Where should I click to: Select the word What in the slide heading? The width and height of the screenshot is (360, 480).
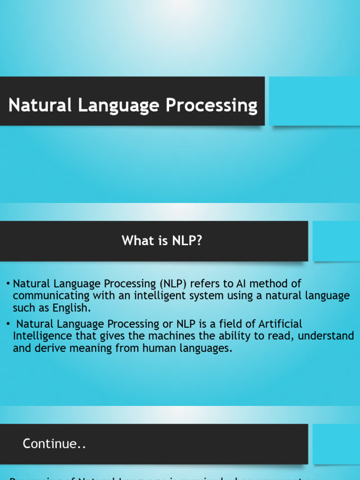pos(135,241)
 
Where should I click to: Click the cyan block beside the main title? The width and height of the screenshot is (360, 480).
pos(314,101)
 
